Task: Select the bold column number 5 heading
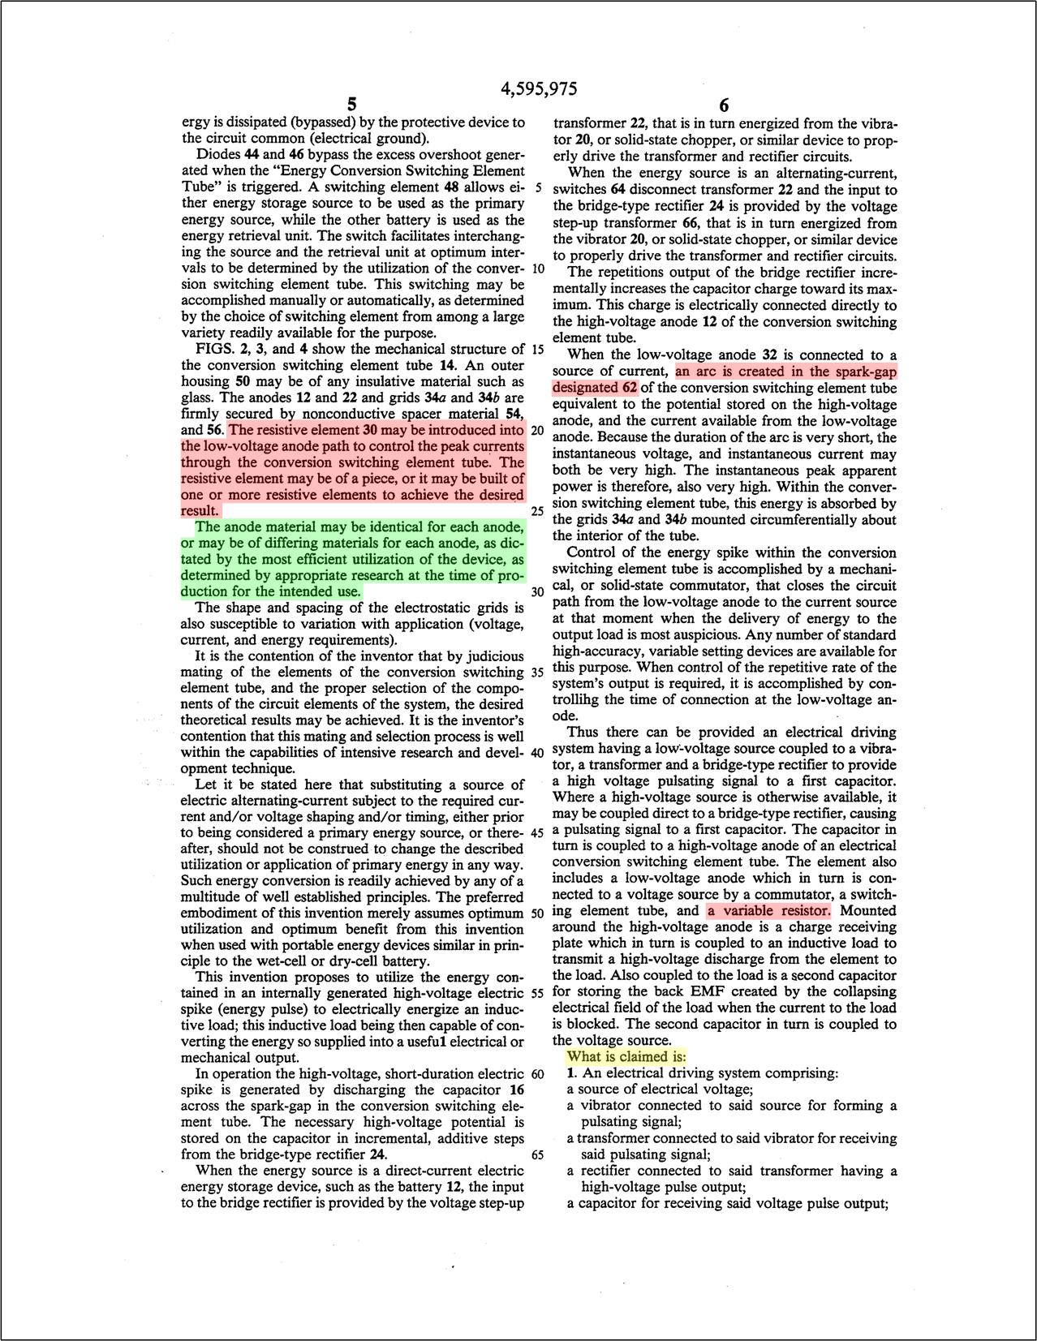[x=351, y=105]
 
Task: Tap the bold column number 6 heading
[x=724, y=106]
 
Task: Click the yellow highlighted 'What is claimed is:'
[x=626, y=1056]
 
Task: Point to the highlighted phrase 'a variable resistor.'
[x=768, y=910]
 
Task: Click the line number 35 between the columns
[x=536, y=673]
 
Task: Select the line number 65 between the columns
[x=536, y=1154]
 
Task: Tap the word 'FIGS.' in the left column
[x=215, y=349]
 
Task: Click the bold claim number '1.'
[x=573, y=1072]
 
